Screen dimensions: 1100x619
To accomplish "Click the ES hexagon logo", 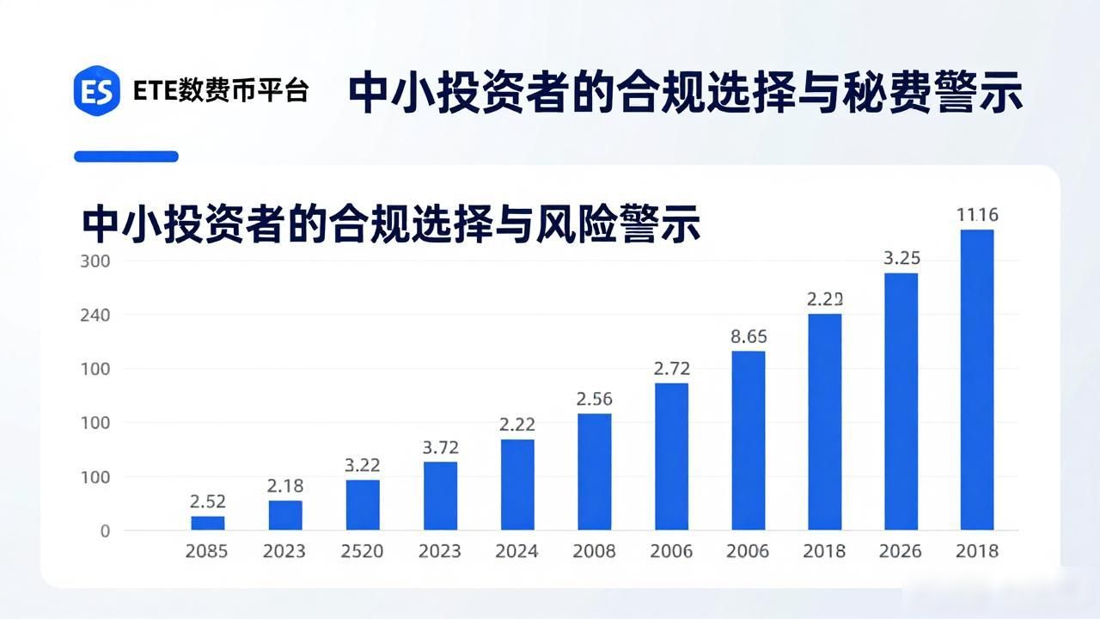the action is coord(97,91).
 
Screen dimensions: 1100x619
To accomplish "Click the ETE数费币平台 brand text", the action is coord(221,91).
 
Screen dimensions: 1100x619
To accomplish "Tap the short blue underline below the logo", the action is coord(126,156).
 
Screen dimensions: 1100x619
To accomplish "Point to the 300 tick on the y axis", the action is coord(95,261).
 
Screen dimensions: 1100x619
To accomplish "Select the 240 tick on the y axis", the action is coord(95,315).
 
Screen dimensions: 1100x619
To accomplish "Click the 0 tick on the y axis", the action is coord(105,531).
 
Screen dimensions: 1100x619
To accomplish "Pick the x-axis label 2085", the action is coord(206,551).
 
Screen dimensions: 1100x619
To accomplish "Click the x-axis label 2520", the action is coord(362,551).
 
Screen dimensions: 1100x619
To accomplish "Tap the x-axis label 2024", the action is coord(516,551).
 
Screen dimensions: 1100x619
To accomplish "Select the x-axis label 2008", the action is coord(594,551).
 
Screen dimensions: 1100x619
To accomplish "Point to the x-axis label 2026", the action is coord(901,551).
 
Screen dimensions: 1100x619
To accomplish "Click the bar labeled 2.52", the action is coord(208,524).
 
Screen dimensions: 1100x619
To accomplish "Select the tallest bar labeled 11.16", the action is coord(977,380).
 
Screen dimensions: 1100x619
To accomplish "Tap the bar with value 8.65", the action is coord(749,441).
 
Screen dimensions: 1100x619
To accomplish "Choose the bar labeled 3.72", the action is coord(441,496).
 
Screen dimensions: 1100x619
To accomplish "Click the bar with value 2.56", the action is coord(595,472).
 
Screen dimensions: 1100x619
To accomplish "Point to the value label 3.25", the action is coord(902,259).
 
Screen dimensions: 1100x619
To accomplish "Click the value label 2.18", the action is coord(285,487).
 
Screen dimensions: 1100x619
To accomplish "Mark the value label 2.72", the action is coord(672,369).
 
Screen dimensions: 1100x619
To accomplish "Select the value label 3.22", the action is coord(363,465).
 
